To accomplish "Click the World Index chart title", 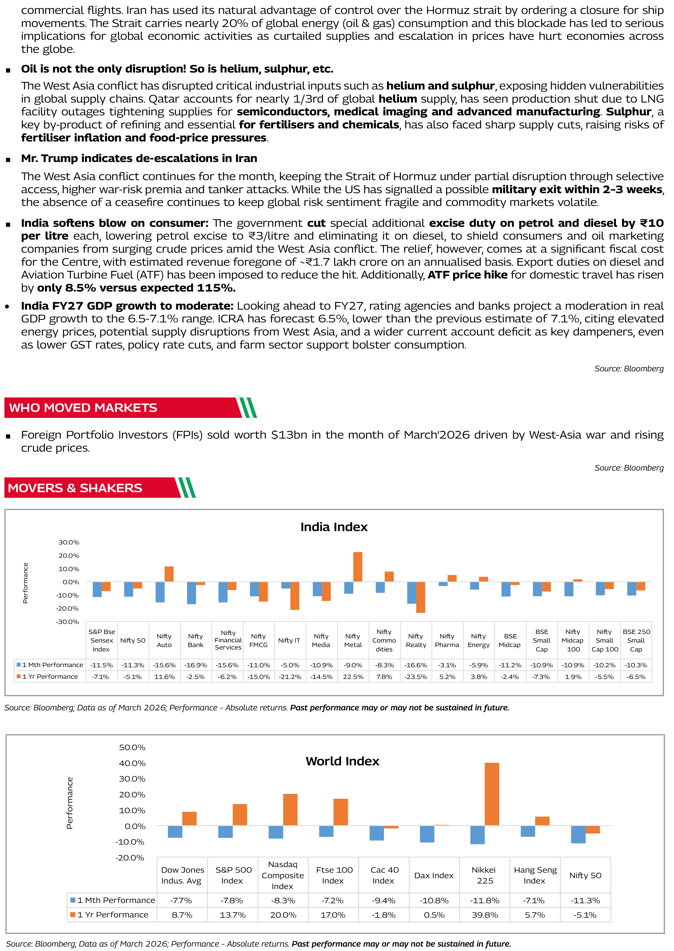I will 342,761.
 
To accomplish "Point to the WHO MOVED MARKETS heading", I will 83,408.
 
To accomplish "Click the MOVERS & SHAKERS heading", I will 75,488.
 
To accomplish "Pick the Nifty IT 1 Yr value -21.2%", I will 290,677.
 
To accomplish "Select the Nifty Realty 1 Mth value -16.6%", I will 416,665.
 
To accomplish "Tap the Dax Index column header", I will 434,875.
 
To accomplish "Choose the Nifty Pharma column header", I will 447,641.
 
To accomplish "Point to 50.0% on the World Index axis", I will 132,748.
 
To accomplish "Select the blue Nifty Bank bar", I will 191,593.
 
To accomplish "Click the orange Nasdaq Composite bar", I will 290,810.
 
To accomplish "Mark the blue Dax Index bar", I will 427,834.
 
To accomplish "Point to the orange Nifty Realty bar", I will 420,597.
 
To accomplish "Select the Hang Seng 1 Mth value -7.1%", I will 535,900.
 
